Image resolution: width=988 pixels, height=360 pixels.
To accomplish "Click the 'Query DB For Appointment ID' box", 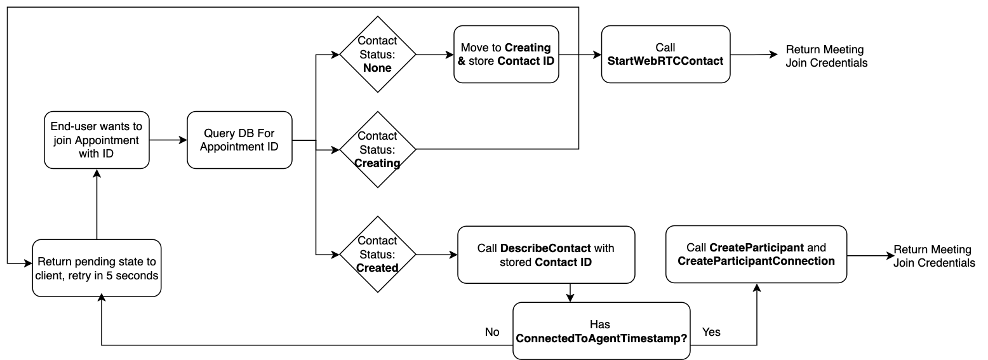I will [x=239, y=140].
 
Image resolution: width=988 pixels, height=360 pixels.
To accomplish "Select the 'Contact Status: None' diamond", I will [x=378, y=54].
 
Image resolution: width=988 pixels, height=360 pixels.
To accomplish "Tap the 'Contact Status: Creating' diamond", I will [x=378, y=149].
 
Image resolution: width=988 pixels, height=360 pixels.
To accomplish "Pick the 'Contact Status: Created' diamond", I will [x=378, y=254].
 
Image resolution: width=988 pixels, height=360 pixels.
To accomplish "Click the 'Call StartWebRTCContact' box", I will [x=665, y=54].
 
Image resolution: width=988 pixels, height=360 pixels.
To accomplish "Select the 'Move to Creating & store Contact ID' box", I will [x=506, y=54].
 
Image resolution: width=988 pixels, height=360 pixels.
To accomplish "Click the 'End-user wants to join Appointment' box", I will [x=97, y=140].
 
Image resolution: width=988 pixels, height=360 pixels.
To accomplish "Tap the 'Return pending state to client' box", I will [x=97, y=268].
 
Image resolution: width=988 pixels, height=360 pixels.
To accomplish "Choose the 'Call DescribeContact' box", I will [x=546, y=254].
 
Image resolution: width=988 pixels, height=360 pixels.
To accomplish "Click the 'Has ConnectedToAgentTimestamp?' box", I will [x=601, y=331].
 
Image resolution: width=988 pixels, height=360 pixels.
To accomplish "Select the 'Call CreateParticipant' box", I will [x=756, y=254].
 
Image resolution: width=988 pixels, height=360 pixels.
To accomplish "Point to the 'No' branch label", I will [x=492, y=332].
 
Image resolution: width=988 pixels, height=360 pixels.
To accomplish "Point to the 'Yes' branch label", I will [x=711, y=332].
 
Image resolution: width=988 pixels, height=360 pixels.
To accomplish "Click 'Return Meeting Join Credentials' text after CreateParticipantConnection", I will [x=934, y=256].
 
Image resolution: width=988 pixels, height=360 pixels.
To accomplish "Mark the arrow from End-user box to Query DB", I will [x=168, y=140].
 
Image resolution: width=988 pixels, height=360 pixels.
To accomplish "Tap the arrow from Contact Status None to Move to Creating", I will [x=435, y=55].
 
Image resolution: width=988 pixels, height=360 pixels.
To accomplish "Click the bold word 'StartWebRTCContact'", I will [x=665, y=61].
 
